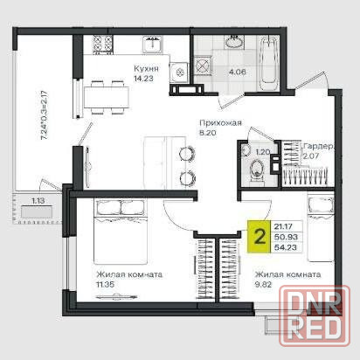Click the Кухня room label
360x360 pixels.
click(146, 69)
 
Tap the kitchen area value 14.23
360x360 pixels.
click(143, 79)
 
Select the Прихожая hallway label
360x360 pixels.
click(220, 123)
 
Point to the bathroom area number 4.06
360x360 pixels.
click(238, 72)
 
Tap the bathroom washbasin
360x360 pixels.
click(233, 42)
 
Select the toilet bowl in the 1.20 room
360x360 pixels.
click(257, 170)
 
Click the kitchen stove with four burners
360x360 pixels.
click(102, 45)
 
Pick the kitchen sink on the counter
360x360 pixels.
click(153, 45)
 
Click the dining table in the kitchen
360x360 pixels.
click(107, 97)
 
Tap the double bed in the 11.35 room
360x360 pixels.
click(121, 231)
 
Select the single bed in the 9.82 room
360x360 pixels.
click(321, 229)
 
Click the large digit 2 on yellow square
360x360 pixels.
click(260, 237)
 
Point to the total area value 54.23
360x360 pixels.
click(286, 247)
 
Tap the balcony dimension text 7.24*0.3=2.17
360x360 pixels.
click(45, 115)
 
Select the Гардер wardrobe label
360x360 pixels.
click(317, 147)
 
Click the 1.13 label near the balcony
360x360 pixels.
click(38, 201)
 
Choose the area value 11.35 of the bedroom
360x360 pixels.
click(105, 284)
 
